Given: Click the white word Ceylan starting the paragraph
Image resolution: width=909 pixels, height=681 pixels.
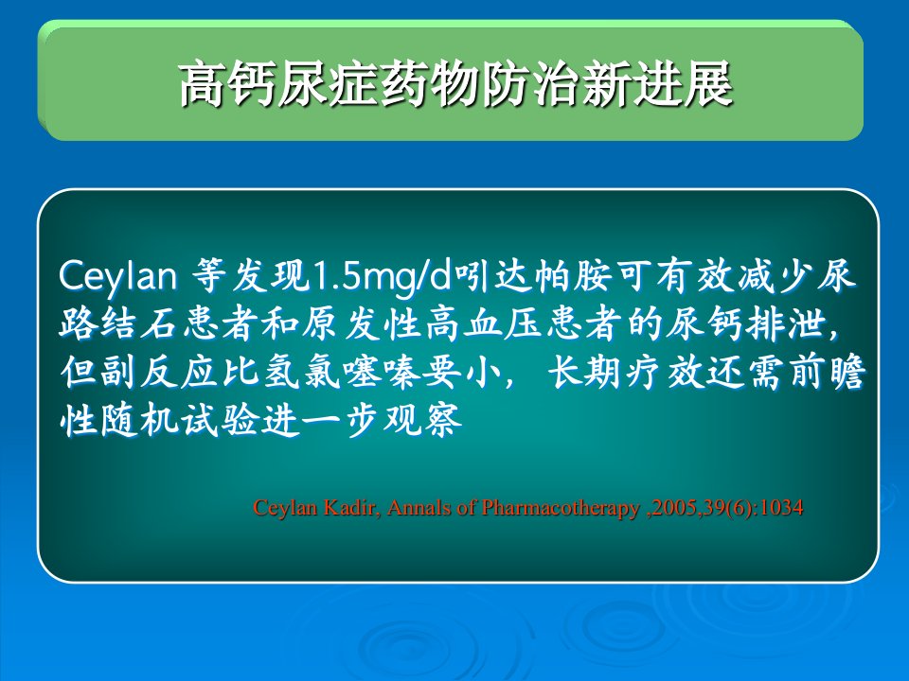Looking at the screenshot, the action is (x=117, y=275).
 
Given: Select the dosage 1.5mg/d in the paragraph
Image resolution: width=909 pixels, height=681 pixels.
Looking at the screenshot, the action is (x=382, y=276).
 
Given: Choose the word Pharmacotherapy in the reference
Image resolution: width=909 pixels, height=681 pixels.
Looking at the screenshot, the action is (x=561, y=509).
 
